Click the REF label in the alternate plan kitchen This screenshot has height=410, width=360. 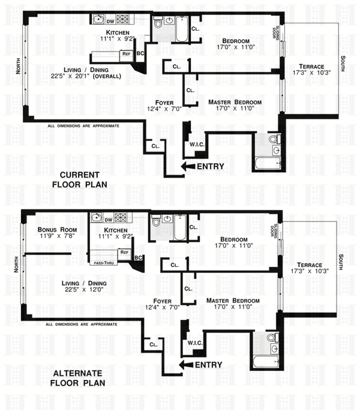click(124, 253)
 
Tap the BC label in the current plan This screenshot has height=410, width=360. click(140, 55)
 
